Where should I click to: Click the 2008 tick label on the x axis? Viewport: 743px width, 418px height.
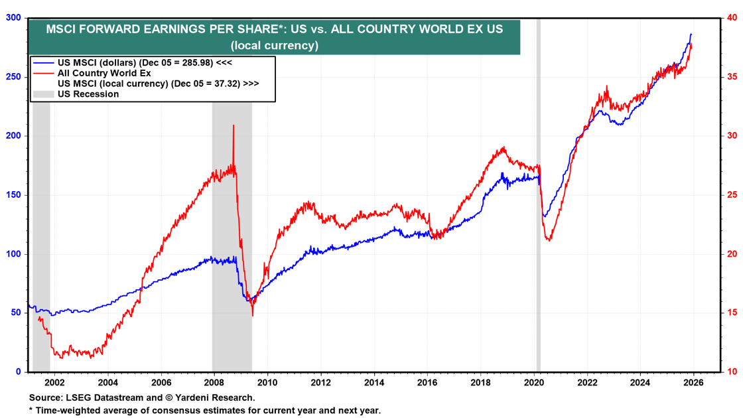click(214, 382)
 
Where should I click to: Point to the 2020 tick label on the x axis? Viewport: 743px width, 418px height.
click(533, 382)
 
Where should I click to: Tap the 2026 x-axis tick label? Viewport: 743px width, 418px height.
click(693, 382)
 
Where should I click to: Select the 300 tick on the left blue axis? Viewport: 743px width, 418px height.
click(13, 18)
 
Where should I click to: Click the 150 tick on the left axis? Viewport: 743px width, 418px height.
click(13, 195)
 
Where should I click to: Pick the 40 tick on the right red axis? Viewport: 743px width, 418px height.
click(732, 18)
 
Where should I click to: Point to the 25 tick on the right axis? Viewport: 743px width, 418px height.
click(732, 195)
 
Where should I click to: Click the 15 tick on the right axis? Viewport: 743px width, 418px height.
click(732, 313)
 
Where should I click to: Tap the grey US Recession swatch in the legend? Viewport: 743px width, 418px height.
click(43, 94)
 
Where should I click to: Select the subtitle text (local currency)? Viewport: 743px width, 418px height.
click(274, 46)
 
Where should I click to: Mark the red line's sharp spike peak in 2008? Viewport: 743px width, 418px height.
click(234, 125)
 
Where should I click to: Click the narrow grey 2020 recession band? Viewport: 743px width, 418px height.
click(538, 199)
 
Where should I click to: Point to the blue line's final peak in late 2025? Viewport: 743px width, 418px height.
click(691, 35)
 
